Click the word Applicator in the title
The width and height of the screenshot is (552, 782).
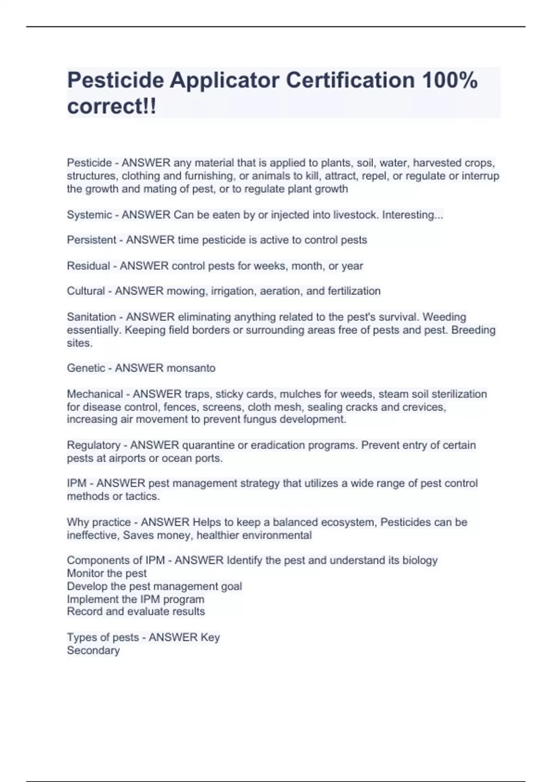coord(225,80)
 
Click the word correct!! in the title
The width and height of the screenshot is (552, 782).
coord(112,107)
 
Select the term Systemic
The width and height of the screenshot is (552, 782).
coord(89,215)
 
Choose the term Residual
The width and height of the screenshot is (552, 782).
coord(88,266)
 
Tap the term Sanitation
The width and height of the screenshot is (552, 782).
coord(91,317)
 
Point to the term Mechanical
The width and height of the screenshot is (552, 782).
coord(95,394)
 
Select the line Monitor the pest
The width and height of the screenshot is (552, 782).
coord(107,574)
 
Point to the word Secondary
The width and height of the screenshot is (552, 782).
coord(93,650)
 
